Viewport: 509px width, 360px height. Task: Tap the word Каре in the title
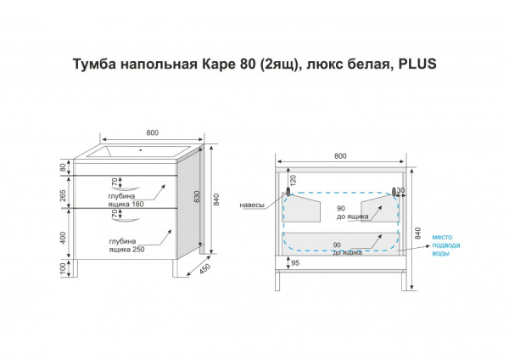tap(221, 65)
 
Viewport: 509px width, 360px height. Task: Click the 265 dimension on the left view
tap(64, 194)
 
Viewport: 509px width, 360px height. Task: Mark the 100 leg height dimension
tap(64, 268)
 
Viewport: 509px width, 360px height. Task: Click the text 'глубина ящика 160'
tap(125, 200)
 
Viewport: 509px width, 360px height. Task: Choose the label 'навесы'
tap(252, 205)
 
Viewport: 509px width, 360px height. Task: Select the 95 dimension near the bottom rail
tap(294, 264)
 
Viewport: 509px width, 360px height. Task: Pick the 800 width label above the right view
tap(339, 156)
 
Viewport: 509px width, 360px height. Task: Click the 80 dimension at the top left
tap(64, 167)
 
